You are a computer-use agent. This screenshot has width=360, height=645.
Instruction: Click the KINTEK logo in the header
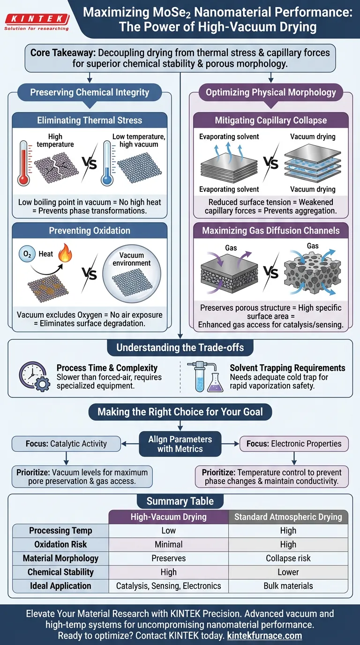(x=36, y=21)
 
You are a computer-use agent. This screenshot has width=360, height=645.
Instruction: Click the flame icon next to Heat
(x=63, y=255)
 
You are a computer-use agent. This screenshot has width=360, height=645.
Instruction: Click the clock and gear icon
(x=34, y=376)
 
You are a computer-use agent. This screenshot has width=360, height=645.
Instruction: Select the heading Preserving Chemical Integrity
(x=90, y=92)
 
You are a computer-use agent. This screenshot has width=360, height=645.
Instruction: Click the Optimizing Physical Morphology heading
(x=271, y=92)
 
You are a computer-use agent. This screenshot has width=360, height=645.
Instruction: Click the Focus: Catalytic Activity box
(x=66, y=443)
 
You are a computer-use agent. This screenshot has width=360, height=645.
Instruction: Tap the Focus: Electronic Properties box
(x=294, y=443)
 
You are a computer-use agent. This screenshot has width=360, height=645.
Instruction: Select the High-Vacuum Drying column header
(x=168, y=517)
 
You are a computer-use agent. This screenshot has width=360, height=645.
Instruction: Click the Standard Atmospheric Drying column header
(x=288, y=517)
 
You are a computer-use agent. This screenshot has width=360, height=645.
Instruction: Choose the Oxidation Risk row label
(x=60, y=544)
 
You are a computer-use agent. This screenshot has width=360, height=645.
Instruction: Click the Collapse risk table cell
(x=288, y=558)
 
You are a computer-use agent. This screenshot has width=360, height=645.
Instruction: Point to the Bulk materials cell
(x=288, y=585)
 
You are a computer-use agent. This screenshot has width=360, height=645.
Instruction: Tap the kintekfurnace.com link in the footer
(x=264, y=636)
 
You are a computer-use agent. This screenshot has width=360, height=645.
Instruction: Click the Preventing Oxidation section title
(x=90, y=231)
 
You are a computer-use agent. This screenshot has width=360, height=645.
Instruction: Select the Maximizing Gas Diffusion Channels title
(x=271, y=231)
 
